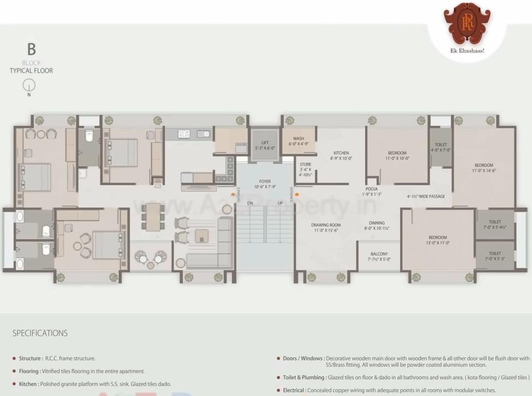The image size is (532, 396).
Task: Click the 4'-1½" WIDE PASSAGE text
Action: (426, 197)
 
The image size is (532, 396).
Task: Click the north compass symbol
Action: (29, 86)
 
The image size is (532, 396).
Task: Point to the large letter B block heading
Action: (31, 50)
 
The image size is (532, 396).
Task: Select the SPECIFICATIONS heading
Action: (40, 333)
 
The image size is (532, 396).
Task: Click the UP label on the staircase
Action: (280, 203)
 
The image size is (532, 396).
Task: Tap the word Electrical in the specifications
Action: (294, 390)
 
